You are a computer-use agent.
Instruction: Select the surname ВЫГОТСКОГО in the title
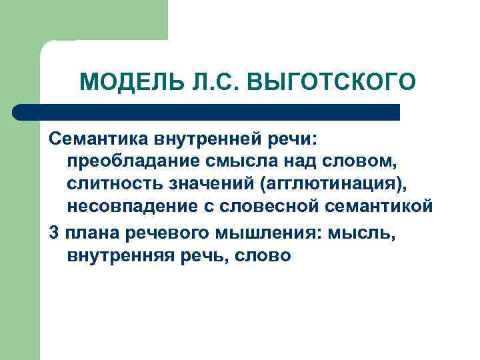[331, 83]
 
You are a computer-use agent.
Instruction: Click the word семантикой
[379, 207]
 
